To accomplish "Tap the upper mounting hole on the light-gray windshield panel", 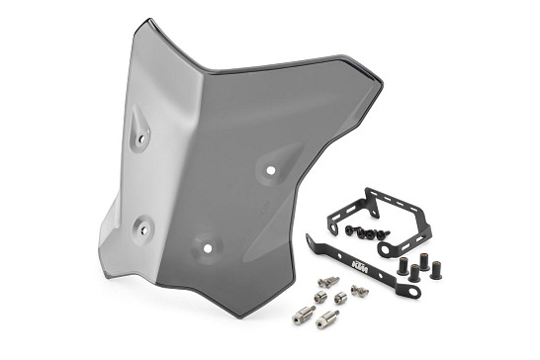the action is [x=140, y=139].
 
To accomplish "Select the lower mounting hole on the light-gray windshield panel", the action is [x=144, y=229].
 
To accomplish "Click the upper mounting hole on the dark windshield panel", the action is [x=271, y=170].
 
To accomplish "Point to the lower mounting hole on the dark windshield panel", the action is [x=207, y=248].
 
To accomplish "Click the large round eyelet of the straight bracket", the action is [x=412, y=293].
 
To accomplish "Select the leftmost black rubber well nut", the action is [x=403, y=266].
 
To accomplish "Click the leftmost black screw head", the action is [x=350, y=229].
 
